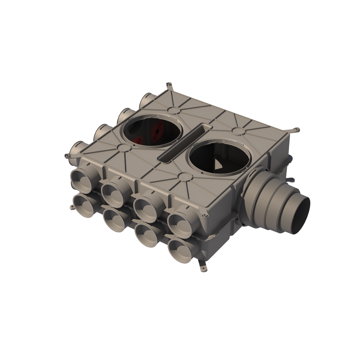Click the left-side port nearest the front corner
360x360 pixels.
(x=76, y=152)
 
